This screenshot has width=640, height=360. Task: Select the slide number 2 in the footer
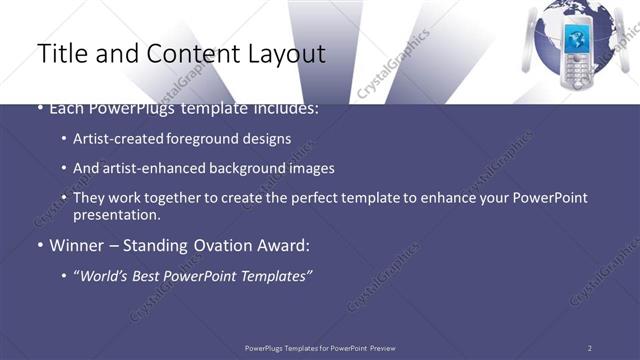[589, 347]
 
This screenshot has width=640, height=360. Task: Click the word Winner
[75, 244]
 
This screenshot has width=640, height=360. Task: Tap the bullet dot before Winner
[40, 244]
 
